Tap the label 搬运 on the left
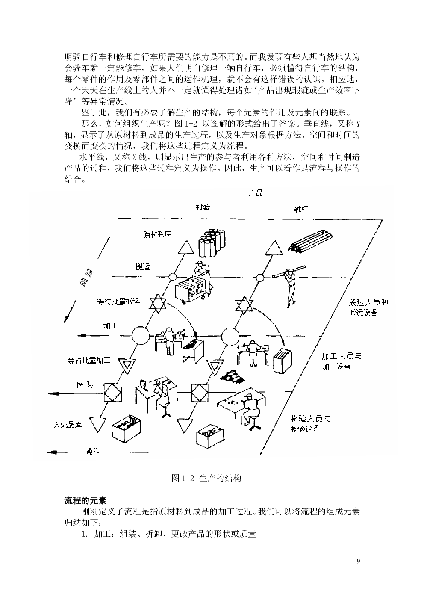coord(143,267)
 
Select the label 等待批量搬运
coord(118,301)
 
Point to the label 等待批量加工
coord(89,361)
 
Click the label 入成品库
coord(68,425)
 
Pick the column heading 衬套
coord(203,207)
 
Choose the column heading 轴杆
coord(301,209)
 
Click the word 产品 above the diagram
coord(256,193)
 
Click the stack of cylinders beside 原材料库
coord(212,242)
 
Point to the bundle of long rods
coord(310,242)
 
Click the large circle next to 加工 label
coord(141,335)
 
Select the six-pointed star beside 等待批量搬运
coord(158,305)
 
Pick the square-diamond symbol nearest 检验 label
coord(112,393)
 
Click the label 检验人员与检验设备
coord(310,423)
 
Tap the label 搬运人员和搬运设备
coord(368,307)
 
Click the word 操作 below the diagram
coord(93,452)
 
